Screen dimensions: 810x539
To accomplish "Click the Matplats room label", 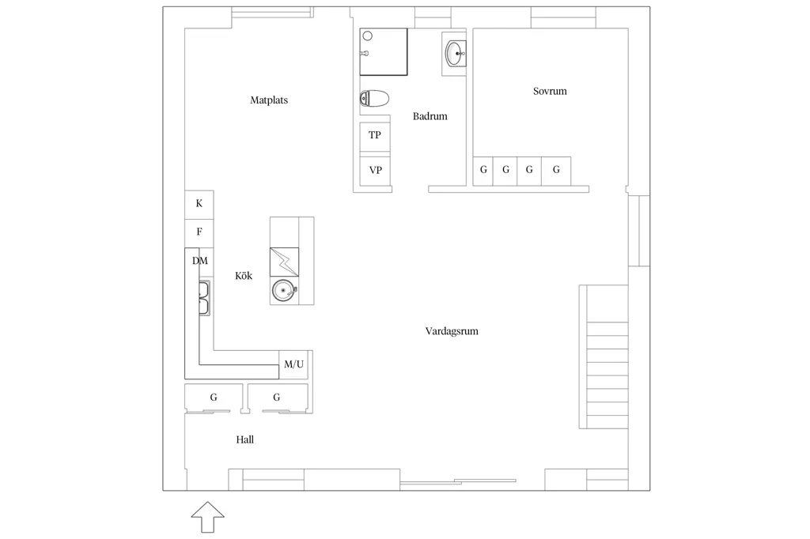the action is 269,100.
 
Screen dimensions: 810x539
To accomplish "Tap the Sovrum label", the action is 550,91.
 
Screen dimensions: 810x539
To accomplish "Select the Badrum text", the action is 430,116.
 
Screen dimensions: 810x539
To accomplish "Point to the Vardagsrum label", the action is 452,331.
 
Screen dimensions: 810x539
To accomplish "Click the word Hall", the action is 245,439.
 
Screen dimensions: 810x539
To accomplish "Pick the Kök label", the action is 244,276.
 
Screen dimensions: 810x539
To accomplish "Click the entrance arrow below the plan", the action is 208,517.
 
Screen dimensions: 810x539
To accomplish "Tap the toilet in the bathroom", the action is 374,99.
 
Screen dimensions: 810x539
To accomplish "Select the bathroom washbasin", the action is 455,53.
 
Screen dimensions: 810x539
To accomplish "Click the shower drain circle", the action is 368,36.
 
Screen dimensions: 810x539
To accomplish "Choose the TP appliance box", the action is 375,137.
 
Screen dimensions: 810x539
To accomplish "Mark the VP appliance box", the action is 375,171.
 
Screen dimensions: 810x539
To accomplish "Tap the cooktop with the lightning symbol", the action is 284,262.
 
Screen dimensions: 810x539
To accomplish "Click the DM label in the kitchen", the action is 200,261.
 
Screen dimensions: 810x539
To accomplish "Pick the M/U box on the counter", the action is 293,364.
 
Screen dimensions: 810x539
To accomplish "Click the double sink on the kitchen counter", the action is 204,299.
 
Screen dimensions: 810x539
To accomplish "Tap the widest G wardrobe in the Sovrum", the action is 556,171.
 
